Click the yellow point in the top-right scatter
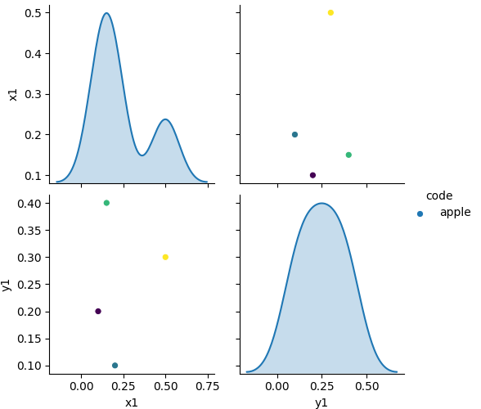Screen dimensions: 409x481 click(x=330, y=13)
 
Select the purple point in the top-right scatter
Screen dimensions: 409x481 click(x=312, y=175)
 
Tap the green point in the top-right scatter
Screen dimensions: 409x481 click(x=348, y=155)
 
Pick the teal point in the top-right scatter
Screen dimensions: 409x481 click(x=294, y=134)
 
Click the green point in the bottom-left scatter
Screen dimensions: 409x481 click(x=106, y=203)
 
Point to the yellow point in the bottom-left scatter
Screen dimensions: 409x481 click(x=165, y=257)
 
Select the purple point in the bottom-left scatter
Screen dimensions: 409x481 click(x=98, y=311)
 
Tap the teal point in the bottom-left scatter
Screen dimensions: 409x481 click(x=115, y=366)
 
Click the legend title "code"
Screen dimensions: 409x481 click(x=439, y=196)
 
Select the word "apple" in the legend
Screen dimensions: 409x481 click(x=455, y=213)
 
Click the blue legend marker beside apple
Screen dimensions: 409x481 click(x=420, y=213)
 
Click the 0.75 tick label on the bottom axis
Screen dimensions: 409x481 click(x=207, y=385)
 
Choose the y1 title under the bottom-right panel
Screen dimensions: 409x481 click(x=321, y=402)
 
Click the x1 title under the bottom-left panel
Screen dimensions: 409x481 click(x=131, y=402)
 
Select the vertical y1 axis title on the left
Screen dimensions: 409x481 click(x=7, y=284)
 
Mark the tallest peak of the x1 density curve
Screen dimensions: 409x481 click(x=106, y=13)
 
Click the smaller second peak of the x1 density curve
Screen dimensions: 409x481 click(x=165, y=119)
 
